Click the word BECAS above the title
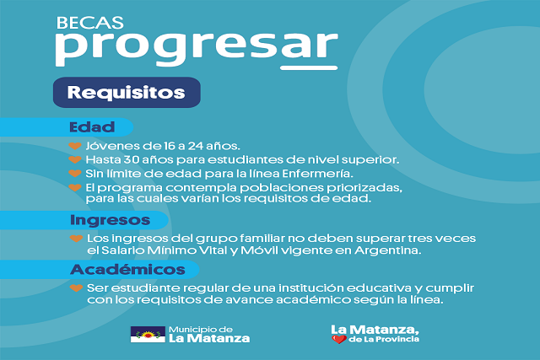90,23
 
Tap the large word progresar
197,47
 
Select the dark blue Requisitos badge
127,92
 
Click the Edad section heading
92,127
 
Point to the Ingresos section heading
111,220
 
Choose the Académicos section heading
127,269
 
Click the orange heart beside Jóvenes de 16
75,146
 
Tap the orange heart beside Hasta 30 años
75,159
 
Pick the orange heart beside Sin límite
75,173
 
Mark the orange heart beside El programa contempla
75,187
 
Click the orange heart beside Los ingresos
76,238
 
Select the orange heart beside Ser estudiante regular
76,287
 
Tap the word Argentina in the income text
387,250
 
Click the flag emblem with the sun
148,334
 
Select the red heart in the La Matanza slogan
339,340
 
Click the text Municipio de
201,330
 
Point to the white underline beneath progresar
309,67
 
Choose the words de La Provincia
384,340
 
